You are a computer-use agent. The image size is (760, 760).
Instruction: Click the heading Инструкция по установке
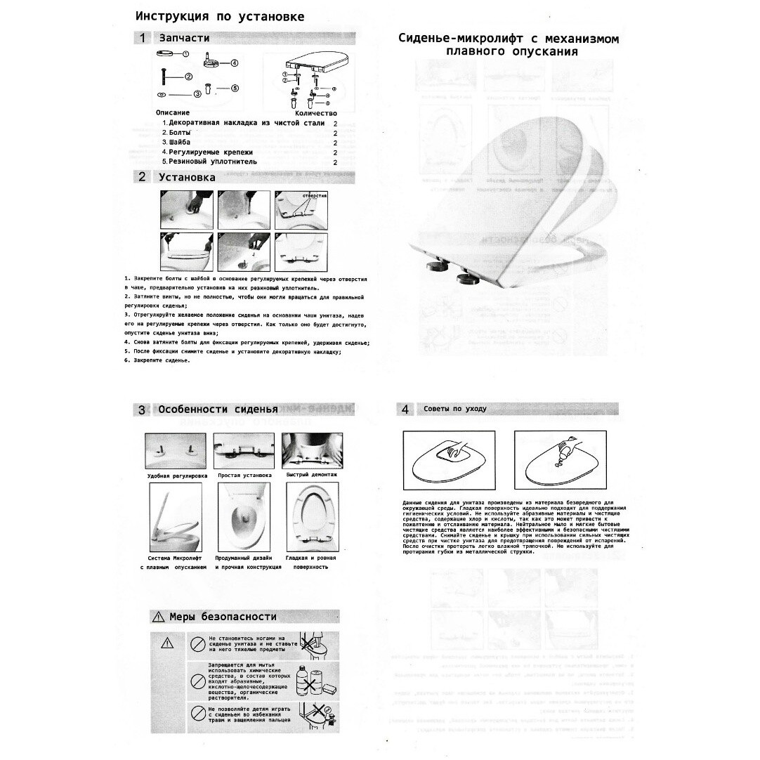220,16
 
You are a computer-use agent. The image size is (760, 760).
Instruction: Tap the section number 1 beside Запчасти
142,38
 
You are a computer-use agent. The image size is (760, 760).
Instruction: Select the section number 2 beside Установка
142,177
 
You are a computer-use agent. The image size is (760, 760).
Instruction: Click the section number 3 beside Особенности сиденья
142,410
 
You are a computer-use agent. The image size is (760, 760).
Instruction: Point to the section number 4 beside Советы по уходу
405,409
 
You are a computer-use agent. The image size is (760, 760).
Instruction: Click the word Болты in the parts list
176,133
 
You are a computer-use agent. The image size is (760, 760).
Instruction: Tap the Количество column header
315,113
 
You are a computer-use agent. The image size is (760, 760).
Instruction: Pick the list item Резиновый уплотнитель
209,162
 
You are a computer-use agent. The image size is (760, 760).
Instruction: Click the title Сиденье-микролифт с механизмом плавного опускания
509,45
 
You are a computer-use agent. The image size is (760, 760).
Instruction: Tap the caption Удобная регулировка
177,476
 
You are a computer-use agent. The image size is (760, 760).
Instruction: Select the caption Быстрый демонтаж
311,476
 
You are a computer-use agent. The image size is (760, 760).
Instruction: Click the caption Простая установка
244,476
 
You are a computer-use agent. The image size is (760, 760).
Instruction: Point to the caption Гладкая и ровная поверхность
310,562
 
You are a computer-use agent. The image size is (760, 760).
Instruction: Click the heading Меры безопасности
223,617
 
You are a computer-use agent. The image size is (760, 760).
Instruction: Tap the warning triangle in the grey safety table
166,642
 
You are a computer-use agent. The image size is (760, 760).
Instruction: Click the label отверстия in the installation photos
314,195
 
